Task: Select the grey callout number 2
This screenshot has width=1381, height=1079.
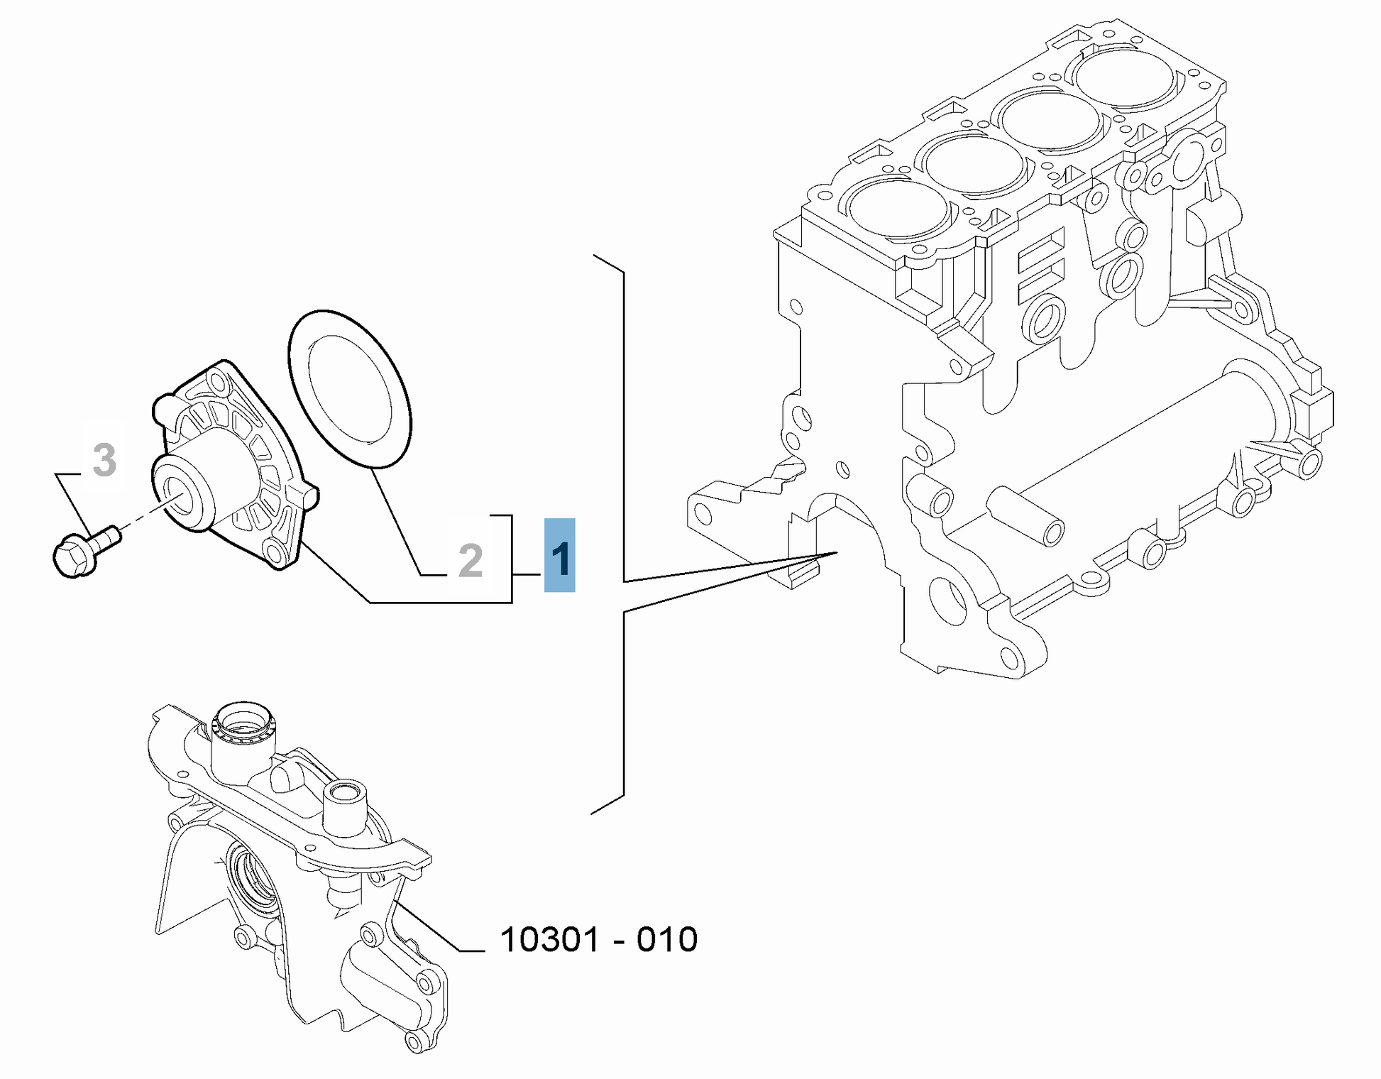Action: [x=471, y=561]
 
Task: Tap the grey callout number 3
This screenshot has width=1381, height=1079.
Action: [x=104, y=460]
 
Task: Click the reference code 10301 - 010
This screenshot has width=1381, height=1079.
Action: [x=599, y=939]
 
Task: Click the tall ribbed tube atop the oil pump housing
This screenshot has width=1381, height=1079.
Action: [x=241, y=742]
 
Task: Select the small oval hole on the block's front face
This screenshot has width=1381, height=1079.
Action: [x=843, y=469]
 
